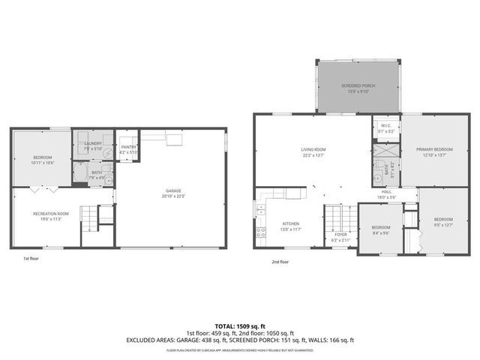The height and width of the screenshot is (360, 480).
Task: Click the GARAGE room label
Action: pyautogui.click(x=172, y=193)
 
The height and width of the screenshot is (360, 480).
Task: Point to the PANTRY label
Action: pyautogui.click(x=128, y=149)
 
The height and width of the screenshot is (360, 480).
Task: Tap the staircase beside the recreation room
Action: pyautogui.click(x=91, y=220)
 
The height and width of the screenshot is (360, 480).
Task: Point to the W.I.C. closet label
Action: pyautogui.click(x=385, y=128)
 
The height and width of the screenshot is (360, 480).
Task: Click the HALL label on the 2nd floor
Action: pyautogui.click(x=386, y=193)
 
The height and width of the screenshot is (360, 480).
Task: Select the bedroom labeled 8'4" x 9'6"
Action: pyautogui.click(x=381, y=229)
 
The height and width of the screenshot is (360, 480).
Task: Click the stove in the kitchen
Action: pyautogui.click(x=261, y=232)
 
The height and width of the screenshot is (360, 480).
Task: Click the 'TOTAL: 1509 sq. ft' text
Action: pyautogui.click(x=239, y=326)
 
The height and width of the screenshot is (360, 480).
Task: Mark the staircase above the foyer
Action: pyautogui.click(x=335, y=217)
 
